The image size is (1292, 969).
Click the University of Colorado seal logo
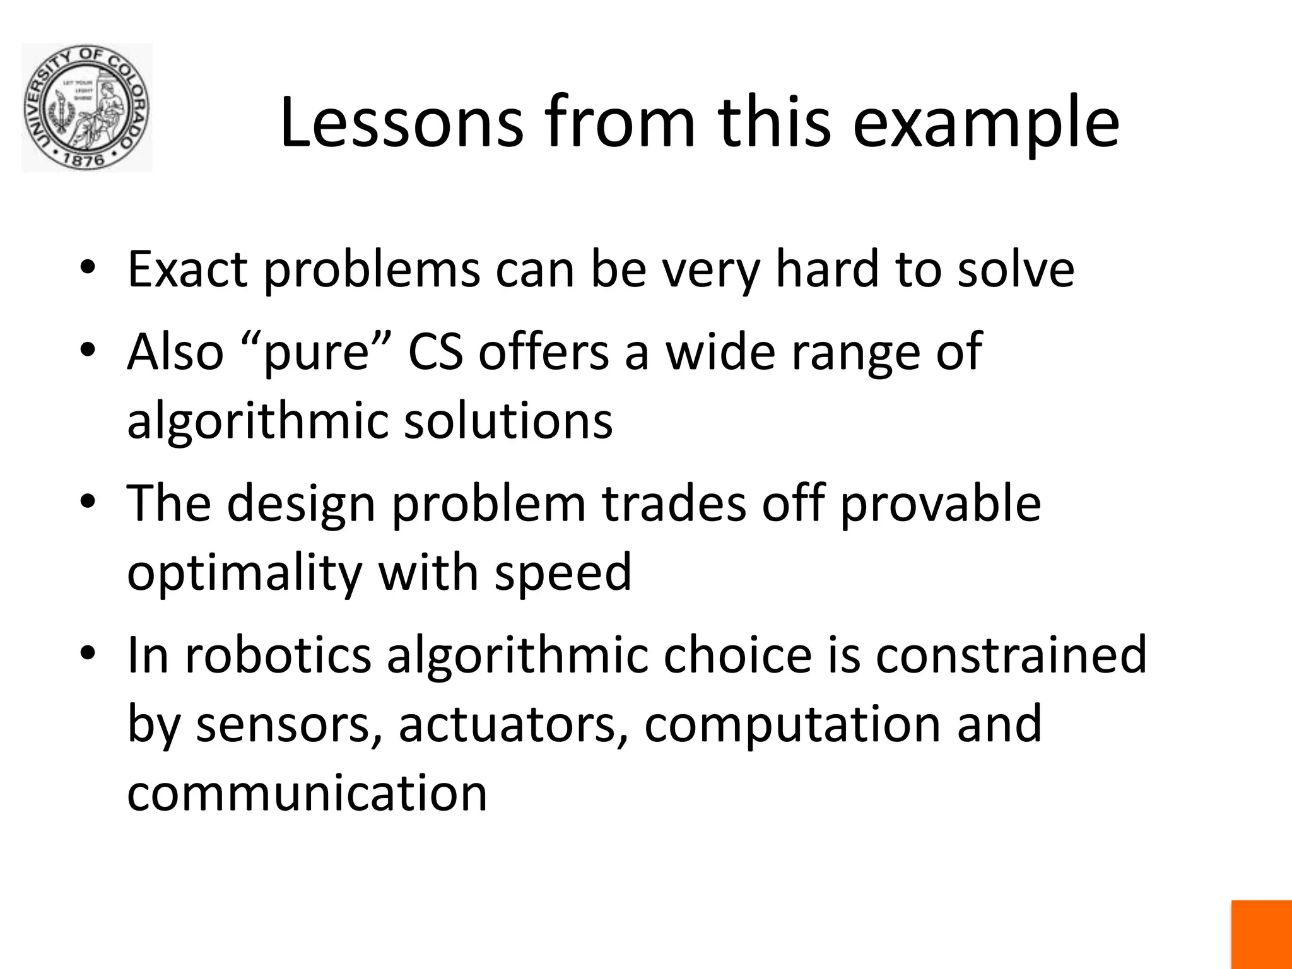coord(86,107)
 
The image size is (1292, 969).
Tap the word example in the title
coord(986,124)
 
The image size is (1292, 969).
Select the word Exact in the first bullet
coord(187,269)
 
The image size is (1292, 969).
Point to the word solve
coord(1016,269)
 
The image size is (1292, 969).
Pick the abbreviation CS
coord(435,351)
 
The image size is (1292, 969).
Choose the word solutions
coord(508,420)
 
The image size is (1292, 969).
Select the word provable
coord(940,503)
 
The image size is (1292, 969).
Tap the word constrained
coord(1011,655)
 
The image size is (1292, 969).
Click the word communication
coord(307,792)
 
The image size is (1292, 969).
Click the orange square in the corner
coord(1261,934)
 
